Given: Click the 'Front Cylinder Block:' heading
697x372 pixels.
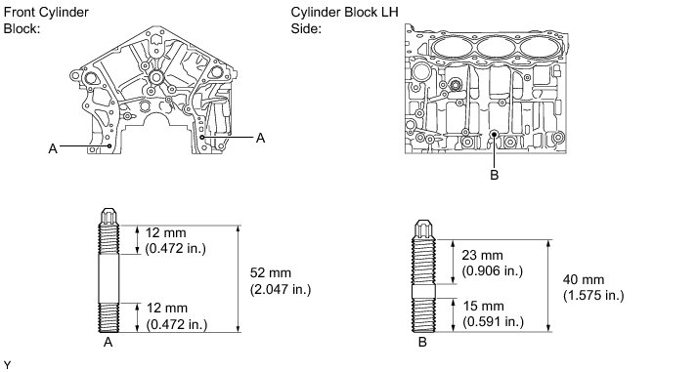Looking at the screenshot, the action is [x=46, y=20].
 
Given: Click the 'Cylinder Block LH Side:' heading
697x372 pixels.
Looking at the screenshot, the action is [x=344, y=20].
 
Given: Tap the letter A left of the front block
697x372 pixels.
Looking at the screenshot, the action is [x=53, y=148].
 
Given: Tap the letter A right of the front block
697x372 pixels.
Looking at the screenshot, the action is [x=260, y=138].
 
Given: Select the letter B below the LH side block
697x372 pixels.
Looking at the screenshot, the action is [x=495, y=175].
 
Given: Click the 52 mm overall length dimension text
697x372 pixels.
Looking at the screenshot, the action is [x=281, y=281].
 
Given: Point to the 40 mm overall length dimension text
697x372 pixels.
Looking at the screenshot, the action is [x=593, y=288].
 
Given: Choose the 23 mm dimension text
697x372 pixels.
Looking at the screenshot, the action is [x=492, y=263].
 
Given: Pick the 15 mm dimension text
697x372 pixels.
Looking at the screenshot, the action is [x=493, y=313].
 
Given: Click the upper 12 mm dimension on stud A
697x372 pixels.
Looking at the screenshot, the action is [x=176, y=240].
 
